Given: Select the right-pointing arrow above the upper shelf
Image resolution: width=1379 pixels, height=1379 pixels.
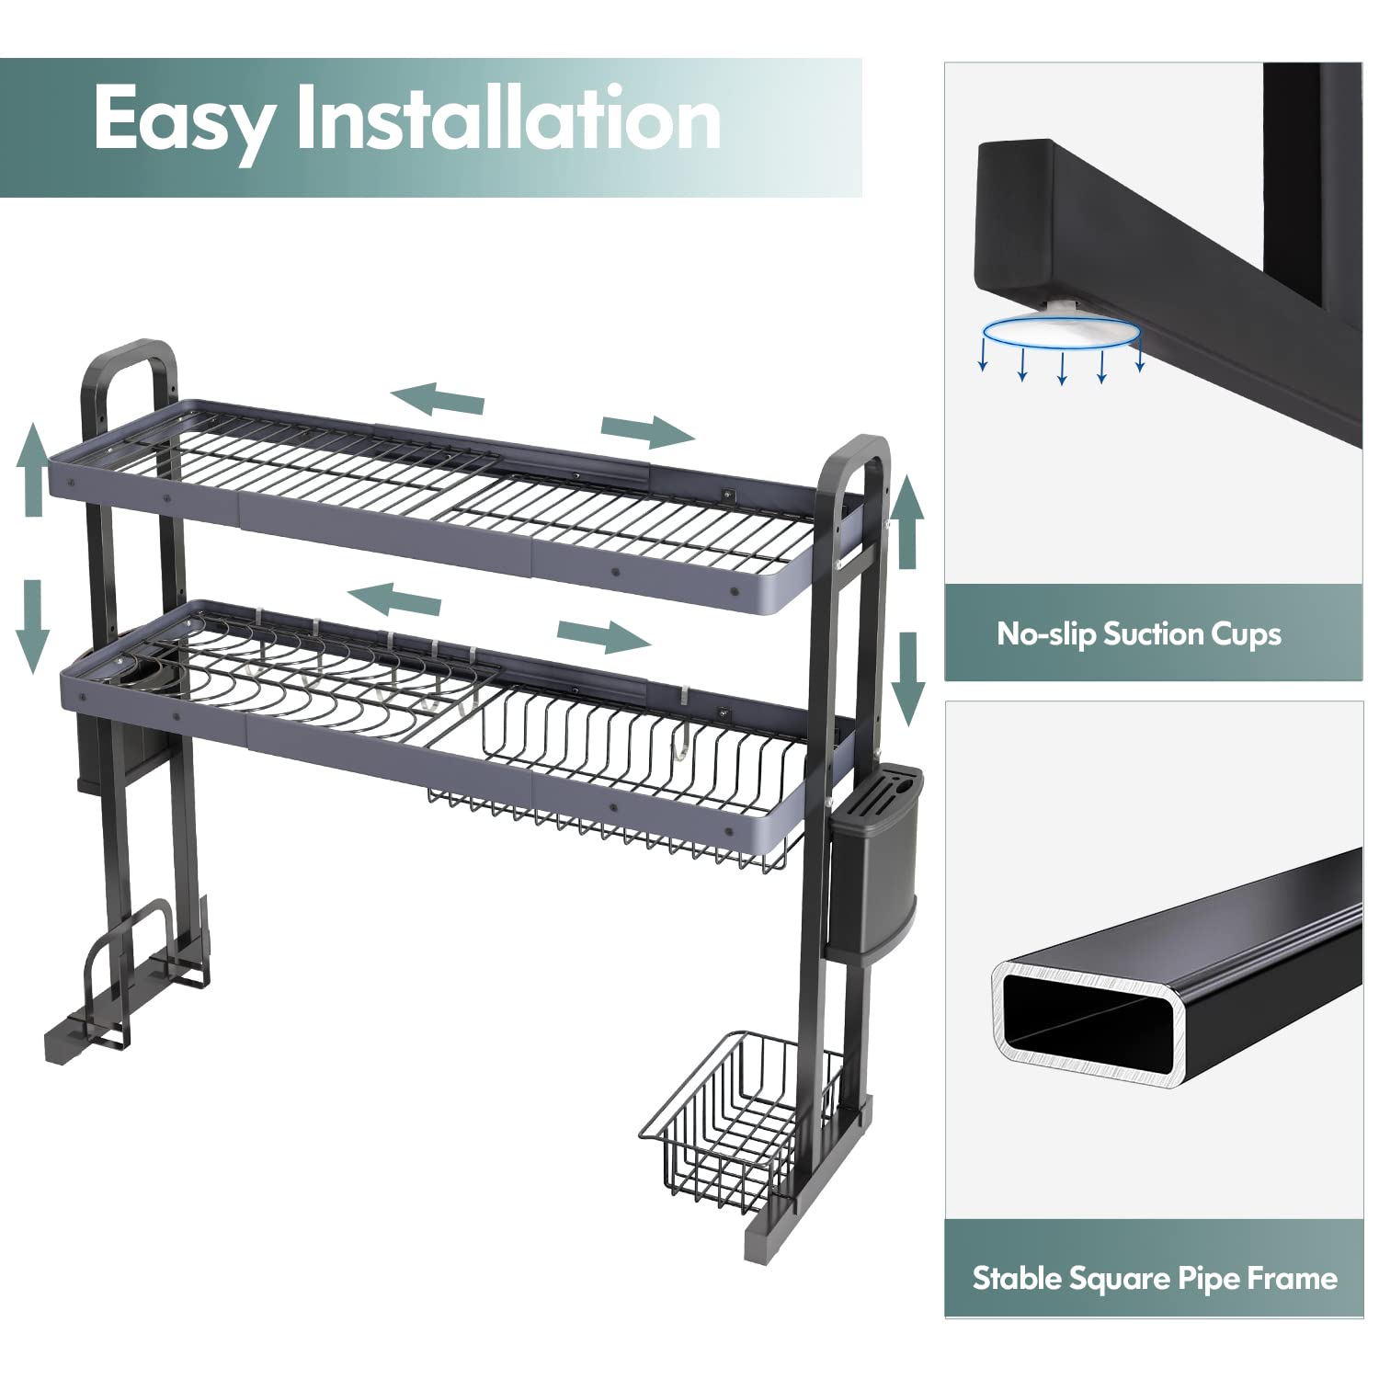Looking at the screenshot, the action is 648,429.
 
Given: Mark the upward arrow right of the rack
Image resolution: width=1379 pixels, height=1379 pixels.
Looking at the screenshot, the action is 909,522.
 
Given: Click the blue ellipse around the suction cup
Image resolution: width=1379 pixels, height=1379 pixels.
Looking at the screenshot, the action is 1061,332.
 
